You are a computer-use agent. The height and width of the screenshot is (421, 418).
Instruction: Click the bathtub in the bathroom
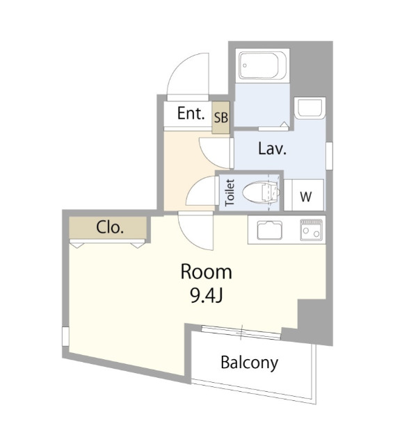(262, 65)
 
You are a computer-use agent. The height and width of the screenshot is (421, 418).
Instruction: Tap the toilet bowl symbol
(261, 192)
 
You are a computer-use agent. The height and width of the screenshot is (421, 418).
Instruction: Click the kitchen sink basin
(270, 230)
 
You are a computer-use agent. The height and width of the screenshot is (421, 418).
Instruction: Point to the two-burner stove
(312, 229)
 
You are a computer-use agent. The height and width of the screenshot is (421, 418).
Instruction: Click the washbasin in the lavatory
(310, 108)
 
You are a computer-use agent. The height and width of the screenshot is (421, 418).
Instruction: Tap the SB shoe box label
(221, 117)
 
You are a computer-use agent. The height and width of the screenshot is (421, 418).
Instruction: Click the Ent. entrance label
(191, 113)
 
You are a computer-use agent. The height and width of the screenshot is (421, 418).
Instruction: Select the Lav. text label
(272, 149)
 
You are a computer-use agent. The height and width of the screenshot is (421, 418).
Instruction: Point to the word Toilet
(230, 192)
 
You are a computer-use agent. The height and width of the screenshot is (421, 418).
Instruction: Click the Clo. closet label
(110, 227)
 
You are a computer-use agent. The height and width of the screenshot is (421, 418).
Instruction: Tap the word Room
(206, 272)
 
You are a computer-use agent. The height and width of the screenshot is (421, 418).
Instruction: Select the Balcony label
(249, 363)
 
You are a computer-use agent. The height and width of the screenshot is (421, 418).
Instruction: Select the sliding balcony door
(241, 332)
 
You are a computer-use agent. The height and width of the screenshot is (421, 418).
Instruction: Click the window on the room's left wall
(65, 336)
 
